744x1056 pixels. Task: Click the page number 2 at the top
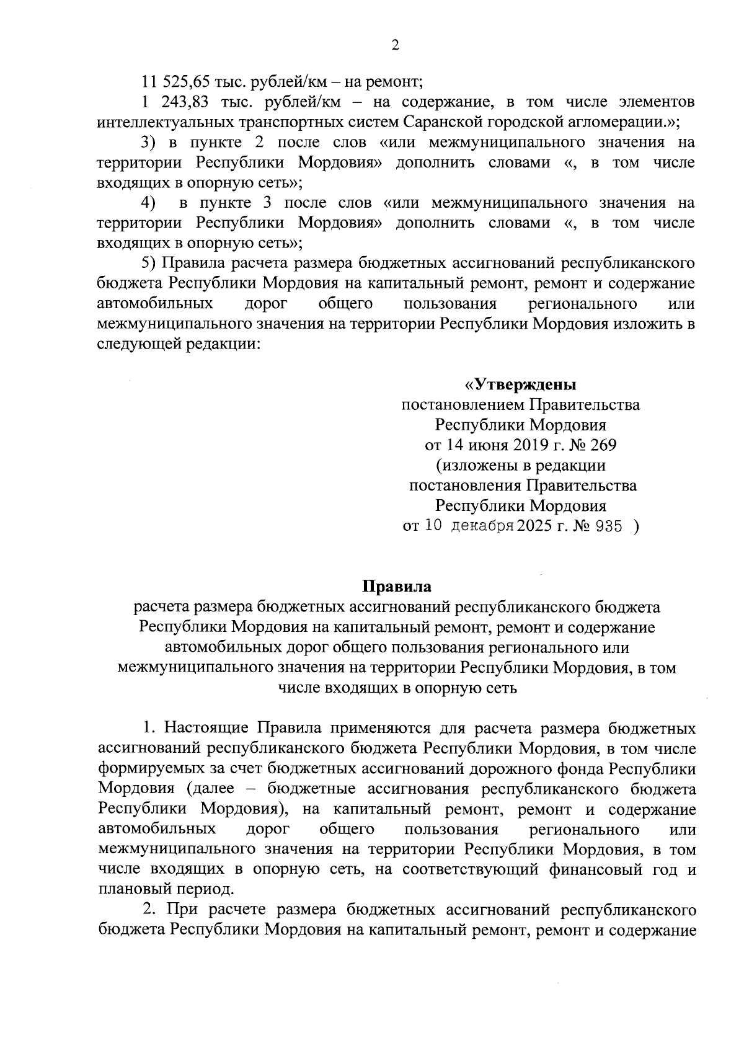395,44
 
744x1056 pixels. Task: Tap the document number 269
603,445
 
